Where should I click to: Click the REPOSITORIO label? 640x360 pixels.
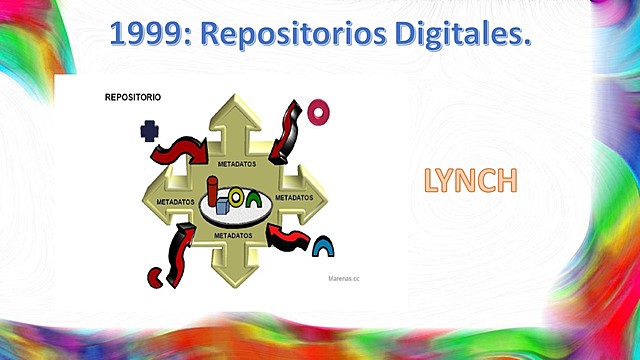[133, 98]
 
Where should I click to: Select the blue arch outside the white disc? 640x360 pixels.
[323, 246]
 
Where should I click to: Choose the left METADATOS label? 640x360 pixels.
[177, 200]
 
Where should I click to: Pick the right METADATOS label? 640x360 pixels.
[294, 198]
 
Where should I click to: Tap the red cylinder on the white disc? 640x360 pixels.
[214, 192]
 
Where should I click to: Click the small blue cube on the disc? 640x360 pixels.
[224, 209]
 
